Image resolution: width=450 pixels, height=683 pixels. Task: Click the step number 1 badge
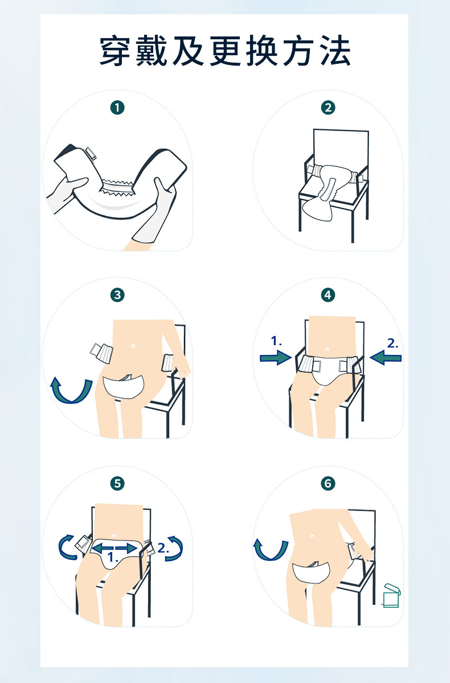point(117,108)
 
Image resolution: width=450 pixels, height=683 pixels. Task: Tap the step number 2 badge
point(328,108)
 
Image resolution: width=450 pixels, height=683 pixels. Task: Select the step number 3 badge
point(117,295)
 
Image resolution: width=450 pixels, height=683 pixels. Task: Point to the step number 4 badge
point(328,295)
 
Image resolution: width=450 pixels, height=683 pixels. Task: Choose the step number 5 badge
point(117,483)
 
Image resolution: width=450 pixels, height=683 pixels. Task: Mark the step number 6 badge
point(328,483)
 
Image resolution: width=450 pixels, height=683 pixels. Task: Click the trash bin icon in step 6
point(391,595)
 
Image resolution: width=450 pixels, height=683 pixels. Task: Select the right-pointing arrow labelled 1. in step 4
point(275,358)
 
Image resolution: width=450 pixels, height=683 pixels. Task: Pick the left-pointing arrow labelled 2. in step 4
point(386,358)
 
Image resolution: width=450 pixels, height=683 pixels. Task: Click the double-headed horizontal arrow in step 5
point(114,547)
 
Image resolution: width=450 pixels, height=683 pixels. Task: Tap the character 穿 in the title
point(116,51)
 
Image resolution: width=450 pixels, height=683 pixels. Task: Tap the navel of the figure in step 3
point(132,346)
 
